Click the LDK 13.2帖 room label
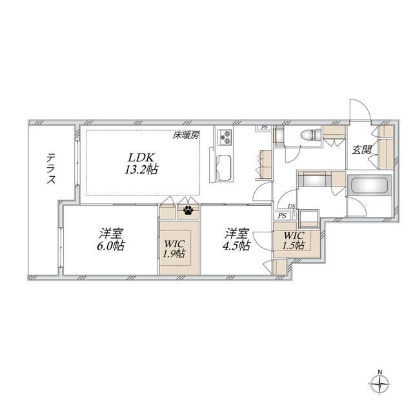coord(141,163)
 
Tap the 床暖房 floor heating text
coord(186,136)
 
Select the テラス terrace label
coord(51,169)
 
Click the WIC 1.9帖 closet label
coord(174,248)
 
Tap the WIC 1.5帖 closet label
coord(294,240)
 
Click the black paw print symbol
coord(188,210)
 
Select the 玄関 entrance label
coord(362,150)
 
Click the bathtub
coord(370,186)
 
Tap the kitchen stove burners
coord(225,137)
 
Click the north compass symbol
coord(379,383)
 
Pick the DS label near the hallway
coord(292,206)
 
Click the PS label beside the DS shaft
coord(282,216)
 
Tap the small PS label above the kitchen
coord(264,127)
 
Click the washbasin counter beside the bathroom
coord(314,179)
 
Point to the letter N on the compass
coord(379,372)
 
